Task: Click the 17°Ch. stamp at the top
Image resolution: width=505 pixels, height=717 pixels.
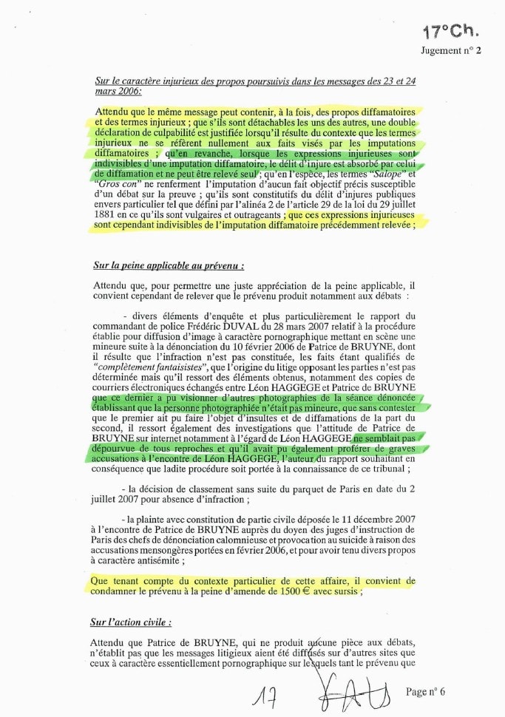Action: pyautogui.click(x=450, y=31)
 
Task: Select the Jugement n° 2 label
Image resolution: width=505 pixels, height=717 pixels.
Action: pyautogui.click(x=450, y=51)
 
